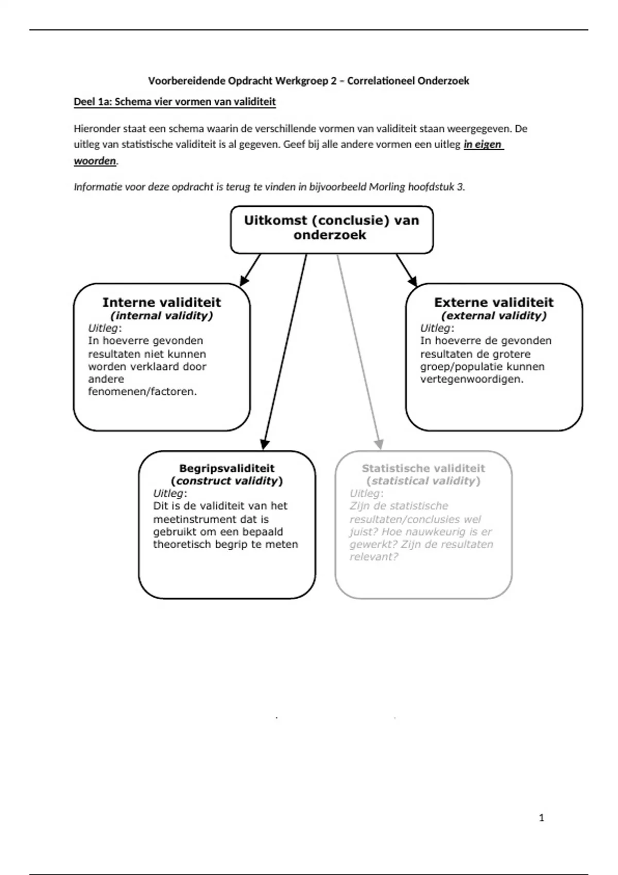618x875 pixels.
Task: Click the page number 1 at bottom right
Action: click(541, 817)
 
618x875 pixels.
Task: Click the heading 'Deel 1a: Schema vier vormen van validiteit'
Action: click(175, 102)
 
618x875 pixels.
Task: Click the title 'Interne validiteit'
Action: click(161, 302)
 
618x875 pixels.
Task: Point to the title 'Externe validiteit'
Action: click(493, 302)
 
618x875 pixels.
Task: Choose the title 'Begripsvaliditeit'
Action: click(227, 468)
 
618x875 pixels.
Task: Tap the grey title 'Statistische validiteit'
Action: click(423, 468)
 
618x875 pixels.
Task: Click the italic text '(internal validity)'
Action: click(161, 316)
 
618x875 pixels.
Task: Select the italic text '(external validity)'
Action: click(493, 316)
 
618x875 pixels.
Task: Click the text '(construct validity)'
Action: click(227, 481)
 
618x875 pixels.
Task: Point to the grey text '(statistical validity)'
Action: click(423, 481)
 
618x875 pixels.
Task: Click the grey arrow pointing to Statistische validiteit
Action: click(358, 350)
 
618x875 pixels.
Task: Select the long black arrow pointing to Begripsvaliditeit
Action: click(285, 350)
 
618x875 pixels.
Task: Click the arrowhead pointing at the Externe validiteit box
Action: click(413, 281)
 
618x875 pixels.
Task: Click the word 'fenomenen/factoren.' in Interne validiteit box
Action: click(142, 392)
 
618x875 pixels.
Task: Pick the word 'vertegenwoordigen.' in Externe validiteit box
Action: click(471, 379)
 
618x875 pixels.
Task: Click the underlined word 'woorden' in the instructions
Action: click(95, 161)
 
